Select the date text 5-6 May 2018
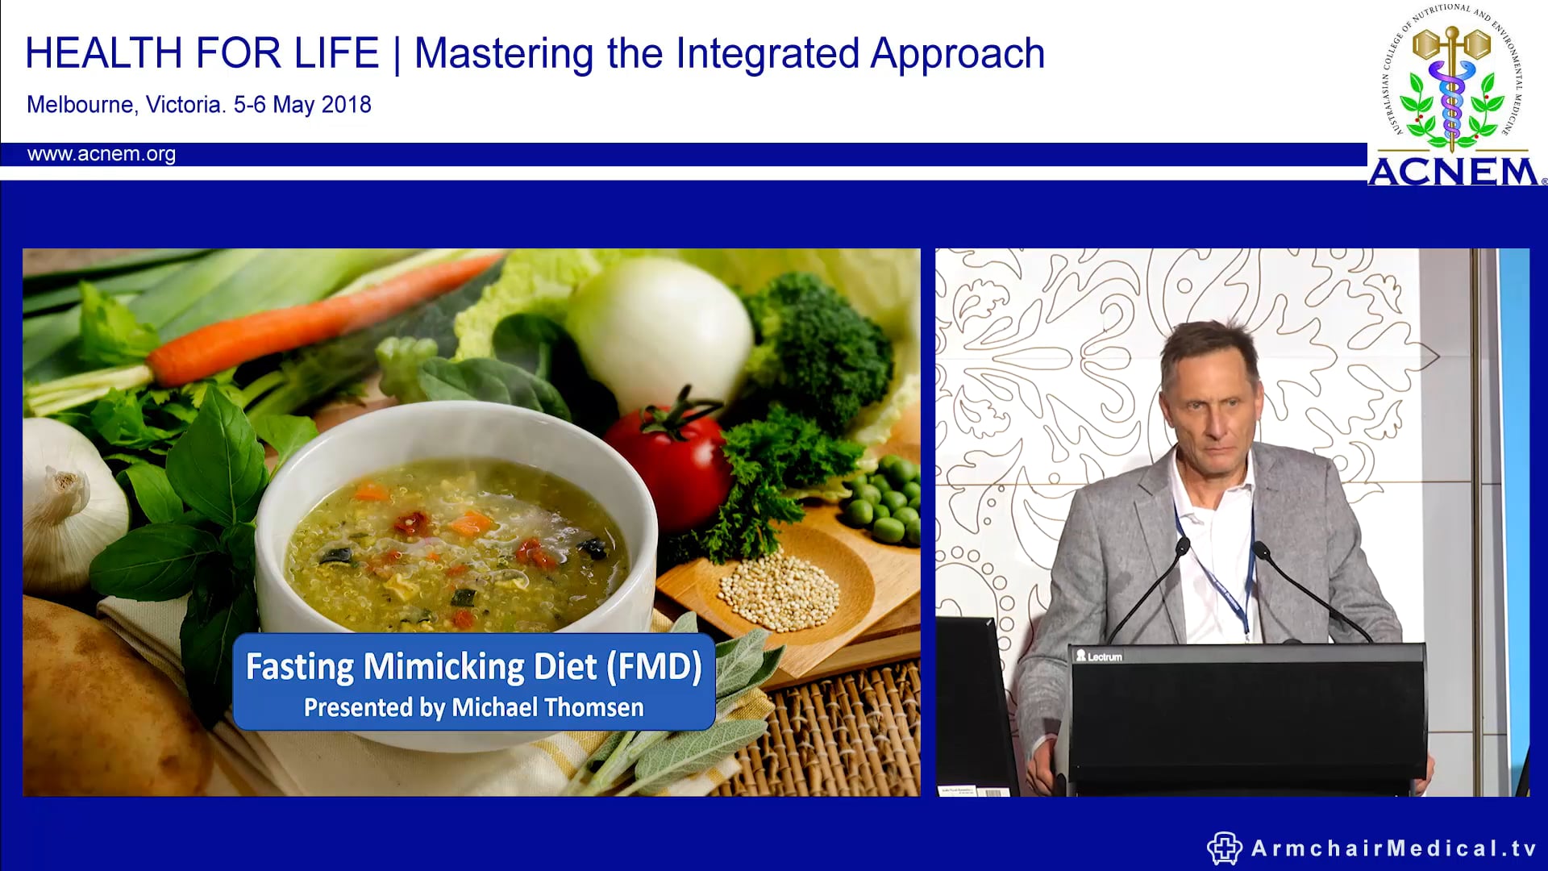point(302,105)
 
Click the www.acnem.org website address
point(101,154)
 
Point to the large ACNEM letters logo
point(1453,172)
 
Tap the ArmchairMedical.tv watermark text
point(1393,848)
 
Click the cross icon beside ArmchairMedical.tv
point(1224,848)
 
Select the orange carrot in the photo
point(322,323)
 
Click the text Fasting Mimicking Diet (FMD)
point(473,667)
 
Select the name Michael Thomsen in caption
point(547,707)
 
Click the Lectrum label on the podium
point(1100,656)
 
